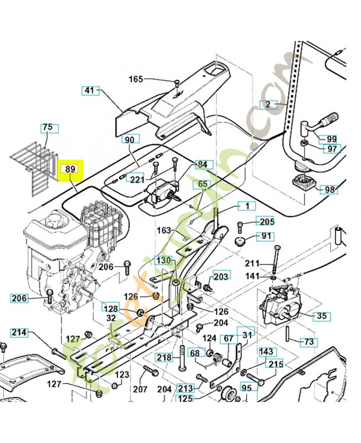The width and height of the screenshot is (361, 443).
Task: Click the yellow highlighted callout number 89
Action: click(x=70, y=169)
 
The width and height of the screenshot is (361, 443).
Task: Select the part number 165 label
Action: click(x=136, y=79)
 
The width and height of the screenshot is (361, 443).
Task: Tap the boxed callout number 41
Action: click(x=89, y=90)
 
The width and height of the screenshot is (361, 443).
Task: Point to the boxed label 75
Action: click(x=48, y=128)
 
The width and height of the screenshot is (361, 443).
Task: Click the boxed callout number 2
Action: click(x=267, y=104)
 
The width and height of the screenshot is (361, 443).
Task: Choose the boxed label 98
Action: click(x=330, y=189)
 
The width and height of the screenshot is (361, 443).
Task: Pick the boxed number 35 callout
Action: click(x=321, y=317)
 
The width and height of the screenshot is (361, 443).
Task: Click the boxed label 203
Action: click(x=220, y=276)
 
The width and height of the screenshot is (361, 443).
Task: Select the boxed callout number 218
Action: click(x=164, y=357)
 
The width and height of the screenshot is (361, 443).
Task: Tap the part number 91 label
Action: click(x=267, y=236)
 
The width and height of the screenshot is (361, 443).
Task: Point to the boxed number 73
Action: click(x=310, y=342)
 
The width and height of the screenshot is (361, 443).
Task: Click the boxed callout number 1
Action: click(x=247, y=205)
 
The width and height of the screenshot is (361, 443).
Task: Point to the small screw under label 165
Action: click(x=174, y=84)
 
